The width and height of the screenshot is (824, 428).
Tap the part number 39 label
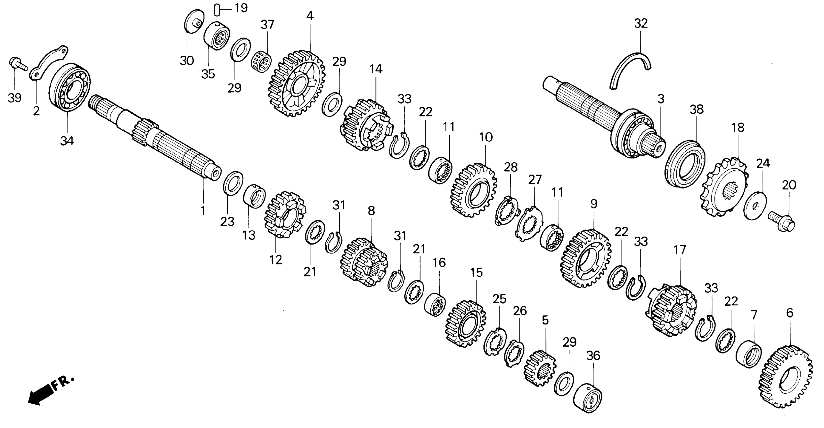click(14, 98)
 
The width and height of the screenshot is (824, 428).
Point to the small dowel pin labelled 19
click(217, 9)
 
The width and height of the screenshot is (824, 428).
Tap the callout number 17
click(680, 250)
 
